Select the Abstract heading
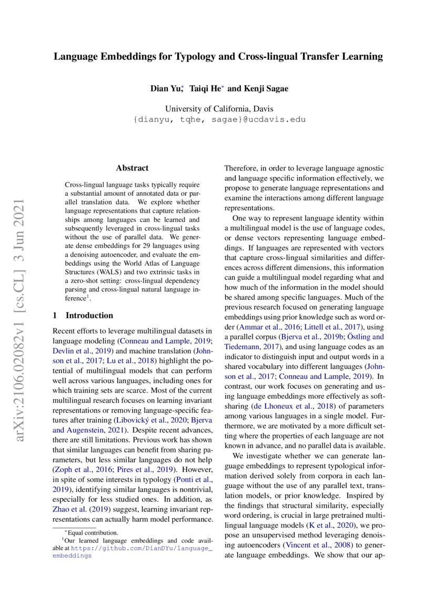pos(132,168)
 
